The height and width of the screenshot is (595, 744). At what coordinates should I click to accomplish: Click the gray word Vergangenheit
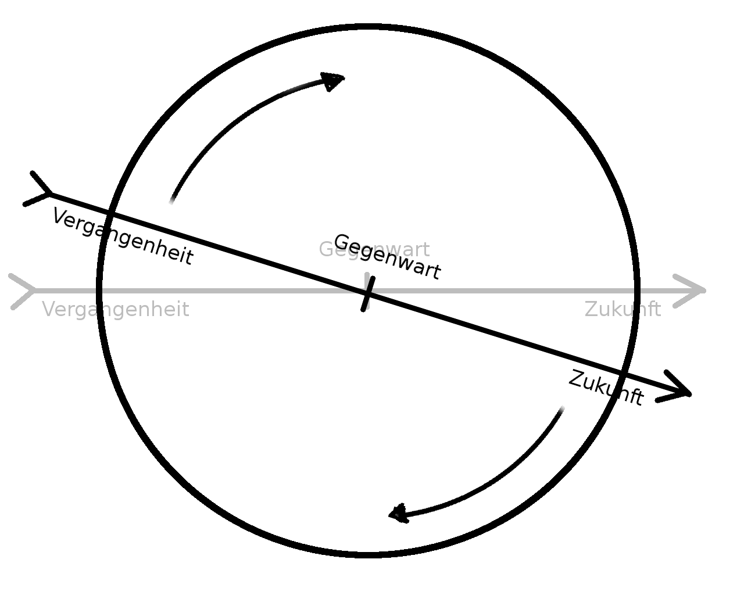(x=116, y=309)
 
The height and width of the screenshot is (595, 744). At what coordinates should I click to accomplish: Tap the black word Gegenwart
(x=387, y=257)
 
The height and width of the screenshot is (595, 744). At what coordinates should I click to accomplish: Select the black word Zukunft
(x=606, y=388)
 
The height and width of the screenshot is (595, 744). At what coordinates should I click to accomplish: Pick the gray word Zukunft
(x=623, y=309)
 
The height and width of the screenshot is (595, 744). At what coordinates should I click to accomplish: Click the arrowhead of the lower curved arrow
(x=399, y=514)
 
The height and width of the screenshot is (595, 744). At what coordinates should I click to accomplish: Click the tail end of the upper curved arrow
(x=171, y=201)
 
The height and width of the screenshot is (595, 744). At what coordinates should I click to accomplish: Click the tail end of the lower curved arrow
(x=561, y=410)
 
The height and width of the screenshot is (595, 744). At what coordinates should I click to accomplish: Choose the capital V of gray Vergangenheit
(x=48, y=309)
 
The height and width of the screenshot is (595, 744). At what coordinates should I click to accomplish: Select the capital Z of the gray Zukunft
(x=591, y=309)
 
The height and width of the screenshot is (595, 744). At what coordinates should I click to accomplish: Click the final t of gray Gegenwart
(x=426, y=249)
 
